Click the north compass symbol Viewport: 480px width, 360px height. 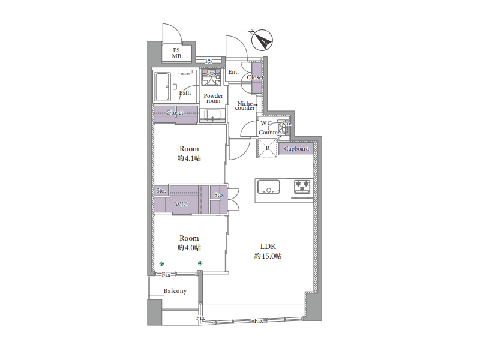click(262, 40)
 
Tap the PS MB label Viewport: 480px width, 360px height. click(176, 53)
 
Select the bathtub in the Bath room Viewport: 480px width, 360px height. click(162, 86)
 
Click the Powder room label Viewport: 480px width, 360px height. click(214, 98)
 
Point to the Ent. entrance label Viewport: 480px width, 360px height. click(233, 72)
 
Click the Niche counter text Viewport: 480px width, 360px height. click(245, 106)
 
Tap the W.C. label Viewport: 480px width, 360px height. click(266, 124)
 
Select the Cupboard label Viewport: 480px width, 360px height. click(296, 149)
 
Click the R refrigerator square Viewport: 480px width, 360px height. click(268, 148)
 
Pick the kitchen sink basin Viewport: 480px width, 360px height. click(268, 187)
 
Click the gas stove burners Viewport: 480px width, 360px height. click(302, 187)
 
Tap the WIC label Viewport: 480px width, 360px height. click(181, 204)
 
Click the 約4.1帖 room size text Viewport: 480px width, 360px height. click(189, 158)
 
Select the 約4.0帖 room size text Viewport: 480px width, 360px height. click(189, 248)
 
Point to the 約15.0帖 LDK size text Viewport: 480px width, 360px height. click(268, 256)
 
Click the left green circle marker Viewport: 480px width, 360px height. click(161, 263)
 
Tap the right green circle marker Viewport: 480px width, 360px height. click(200, 263)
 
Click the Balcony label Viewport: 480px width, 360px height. click(175, 291)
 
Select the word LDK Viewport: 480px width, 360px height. click(268, 247)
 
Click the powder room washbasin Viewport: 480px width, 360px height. click(212, 116)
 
